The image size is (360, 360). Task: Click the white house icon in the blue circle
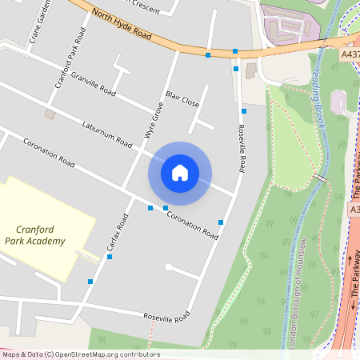pos(180,172)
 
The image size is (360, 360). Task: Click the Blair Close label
pos(182,102)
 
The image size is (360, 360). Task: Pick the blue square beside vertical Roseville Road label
pos(243,111)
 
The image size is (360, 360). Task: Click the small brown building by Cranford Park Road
pos(50,114)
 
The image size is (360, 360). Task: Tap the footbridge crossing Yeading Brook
pos(321,177)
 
